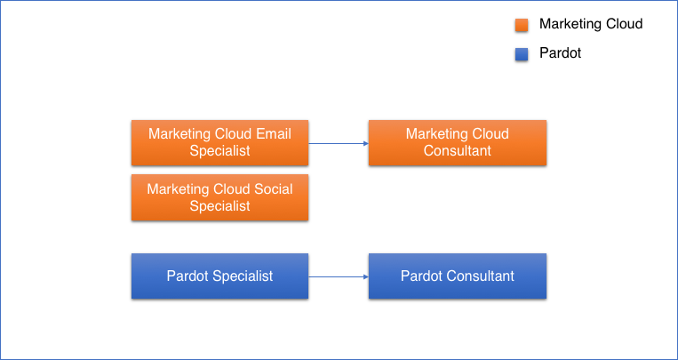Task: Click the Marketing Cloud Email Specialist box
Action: click(219, 142)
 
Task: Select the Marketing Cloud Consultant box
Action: click(457, 142)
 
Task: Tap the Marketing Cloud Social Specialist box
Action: click(219, 197)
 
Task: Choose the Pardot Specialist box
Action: click(219, 276)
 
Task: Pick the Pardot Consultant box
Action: click(457, 276)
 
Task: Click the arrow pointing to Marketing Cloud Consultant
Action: click(339, 143)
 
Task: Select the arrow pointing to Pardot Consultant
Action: click(339, 276)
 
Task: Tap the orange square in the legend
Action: click(522, 25)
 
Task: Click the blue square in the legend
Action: click(522, 54)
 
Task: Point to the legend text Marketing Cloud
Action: click(590, 24)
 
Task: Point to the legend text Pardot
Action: click(560, 53)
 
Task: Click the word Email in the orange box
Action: click(274, 134)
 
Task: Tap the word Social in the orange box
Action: click(274, 189)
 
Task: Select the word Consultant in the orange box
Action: click(457, 151)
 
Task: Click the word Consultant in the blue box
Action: click(481, 276)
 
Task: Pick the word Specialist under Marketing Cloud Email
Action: click(219, 151)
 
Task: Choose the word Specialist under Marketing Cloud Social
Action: click(219, 206)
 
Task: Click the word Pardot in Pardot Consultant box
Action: click(421, 276)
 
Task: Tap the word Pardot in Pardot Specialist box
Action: click(187, 276)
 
